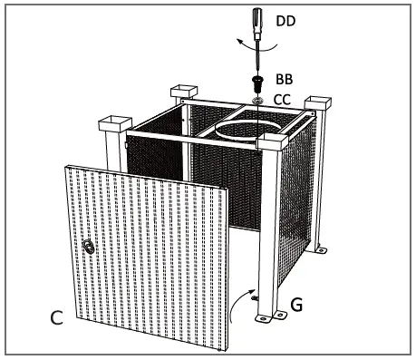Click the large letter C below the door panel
click(x=58, y=318)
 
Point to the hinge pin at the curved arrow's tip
click(x=256, y=297)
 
